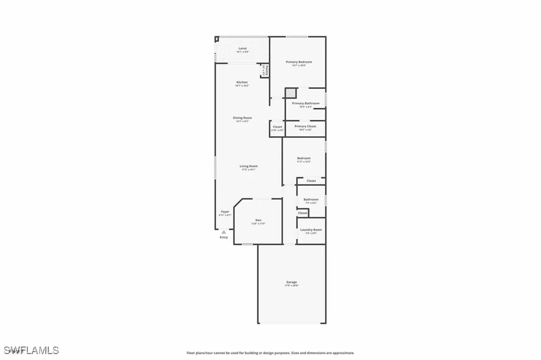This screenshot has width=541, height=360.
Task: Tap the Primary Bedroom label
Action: coord(299,62)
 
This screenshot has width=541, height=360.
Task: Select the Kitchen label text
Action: coord(242,82)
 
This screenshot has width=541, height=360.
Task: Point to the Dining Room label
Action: coord(242,118)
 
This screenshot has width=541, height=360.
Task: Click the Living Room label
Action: coord(248,167)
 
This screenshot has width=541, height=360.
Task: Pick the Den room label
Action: coord(258,220)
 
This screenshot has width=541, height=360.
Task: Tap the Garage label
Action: coord(292,282)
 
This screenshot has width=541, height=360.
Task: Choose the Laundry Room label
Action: coord(311,230)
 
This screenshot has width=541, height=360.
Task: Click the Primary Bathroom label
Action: coord(305,104)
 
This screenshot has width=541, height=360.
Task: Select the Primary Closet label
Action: coord(305,127)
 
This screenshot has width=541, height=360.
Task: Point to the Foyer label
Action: coord(225,212)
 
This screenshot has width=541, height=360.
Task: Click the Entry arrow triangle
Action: coord(224,232)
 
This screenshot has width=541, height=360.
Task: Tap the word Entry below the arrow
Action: coord(224,237)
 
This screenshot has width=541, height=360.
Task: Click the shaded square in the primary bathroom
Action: coord(291,93)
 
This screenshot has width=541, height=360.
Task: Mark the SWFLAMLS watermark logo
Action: coord(31,350)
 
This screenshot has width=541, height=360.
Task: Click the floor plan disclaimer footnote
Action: coord(270,353)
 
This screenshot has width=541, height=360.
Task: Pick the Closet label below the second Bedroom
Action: coord(311,181)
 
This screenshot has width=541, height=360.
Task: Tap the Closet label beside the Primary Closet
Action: coord(277,127)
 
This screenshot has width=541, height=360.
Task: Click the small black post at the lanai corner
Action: coord(217,39)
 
